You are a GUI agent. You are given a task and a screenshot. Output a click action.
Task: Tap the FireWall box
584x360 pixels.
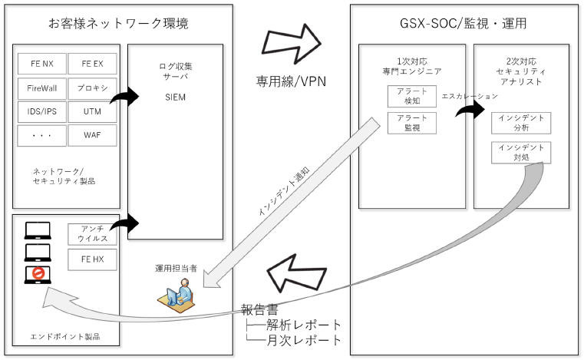[41, 88]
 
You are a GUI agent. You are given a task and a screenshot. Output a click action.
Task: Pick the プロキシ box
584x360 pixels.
[93, 88]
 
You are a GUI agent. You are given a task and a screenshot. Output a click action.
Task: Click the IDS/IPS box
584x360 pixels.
[41, 112]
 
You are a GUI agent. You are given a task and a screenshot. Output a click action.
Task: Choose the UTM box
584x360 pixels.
[93, 112]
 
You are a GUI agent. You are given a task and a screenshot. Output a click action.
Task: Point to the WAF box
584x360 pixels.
[93, 136]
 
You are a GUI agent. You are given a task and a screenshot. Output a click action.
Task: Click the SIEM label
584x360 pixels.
[175, 97]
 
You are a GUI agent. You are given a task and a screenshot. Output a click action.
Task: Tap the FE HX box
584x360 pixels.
[93, 261]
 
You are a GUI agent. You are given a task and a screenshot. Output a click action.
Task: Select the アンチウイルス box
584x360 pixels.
[93, 234]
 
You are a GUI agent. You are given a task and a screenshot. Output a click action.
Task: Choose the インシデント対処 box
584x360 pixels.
[522, 152]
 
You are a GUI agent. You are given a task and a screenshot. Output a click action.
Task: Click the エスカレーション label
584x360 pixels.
[470, 97]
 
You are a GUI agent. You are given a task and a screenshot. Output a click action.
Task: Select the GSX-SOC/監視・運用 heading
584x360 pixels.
[466, 24]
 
